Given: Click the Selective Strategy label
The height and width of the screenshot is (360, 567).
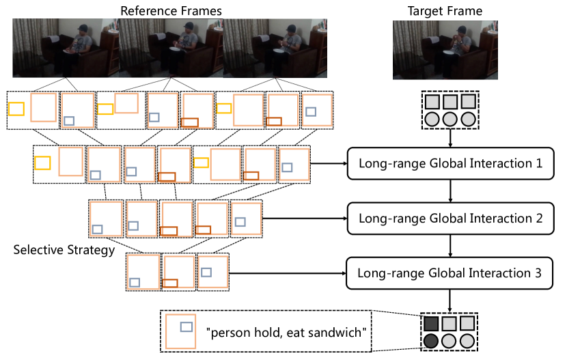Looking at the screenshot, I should [64, 250].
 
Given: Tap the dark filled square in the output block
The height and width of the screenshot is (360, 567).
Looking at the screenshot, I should [432, 323].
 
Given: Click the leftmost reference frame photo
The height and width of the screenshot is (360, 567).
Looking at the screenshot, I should [65, 48].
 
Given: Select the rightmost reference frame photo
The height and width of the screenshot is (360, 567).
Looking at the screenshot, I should [275, 48].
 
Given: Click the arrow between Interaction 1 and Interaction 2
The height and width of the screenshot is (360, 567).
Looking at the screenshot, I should [450, 191].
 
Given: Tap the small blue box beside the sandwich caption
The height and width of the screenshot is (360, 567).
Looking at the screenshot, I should [186, 327].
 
